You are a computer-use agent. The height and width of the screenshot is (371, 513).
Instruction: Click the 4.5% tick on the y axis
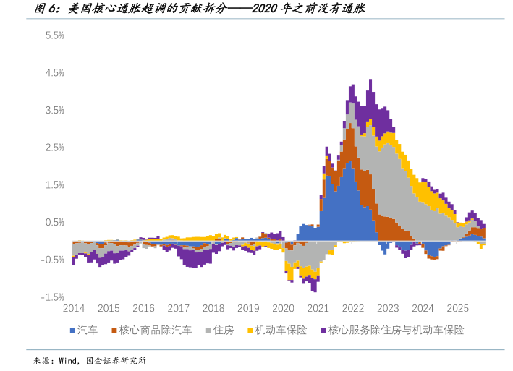(x=55, y=73)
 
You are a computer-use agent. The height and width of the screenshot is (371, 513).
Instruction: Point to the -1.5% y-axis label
(x=54, y=297)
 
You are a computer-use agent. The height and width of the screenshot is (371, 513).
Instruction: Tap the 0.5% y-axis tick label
(x=55, y=222)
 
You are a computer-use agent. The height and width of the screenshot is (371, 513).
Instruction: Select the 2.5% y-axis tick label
(x=55, y=148)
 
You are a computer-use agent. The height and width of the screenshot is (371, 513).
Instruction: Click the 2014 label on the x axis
(x=73, y=308)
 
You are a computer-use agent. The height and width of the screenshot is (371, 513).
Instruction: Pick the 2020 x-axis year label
(x=283, y=308)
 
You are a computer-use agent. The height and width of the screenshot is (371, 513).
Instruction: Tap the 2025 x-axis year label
(x=457, y=308)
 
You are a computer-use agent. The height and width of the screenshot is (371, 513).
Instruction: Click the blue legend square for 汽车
(x=73, y=331)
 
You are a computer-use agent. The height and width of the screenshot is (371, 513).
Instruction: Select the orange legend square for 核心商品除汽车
(x=114, y=331)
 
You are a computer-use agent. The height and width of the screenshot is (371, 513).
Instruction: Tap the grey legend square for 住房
(x=208, y=331)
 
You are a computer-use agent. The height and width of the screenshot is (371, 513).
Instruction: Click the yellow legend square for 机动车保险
(x=250, y=331)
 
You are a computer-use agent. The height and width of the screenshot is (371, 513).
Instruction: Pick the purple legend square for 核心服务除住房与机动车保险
(x=322, y=331)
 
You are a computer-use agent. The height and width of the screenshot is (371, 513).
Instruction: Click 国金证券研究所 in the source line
(x=116, y=360)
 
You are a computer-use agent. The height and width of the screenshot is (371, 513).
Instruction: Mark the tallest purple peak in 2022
(x=370, y=81)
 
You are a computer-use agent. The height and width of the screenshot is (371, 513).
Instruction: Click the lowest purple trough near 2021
(x=314, y=290)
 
